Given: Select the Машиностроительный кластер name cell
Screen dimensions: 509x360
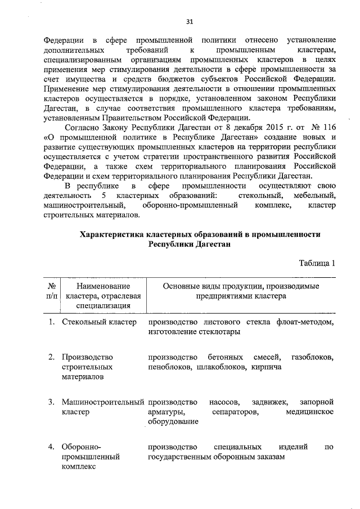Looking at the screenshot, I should pyautogui.click(x=103, y=407).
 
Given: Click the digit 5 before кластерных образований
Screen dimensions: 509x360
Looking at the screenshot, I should pyautogui.click(x=105, y=195).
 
